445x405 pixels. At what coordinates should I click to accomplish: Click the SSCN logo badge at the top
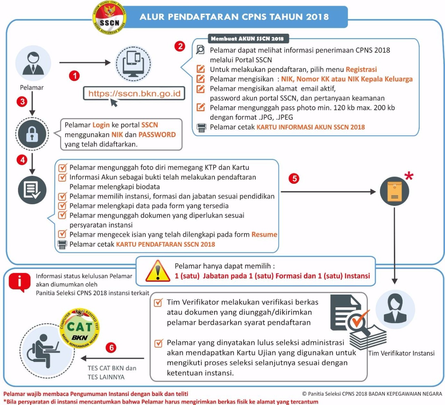(x=109, y=19)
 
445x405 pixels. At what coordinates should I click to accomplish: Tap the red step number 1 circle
(x=74, y=76)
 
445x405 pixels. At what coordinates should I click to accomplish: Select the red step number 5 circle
(x=294, y=179)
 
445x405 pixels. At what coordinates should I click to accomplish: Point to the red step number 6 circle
(x=111, y=348)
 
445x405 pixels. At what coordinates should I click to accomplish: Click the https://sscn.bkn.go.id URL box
(x=134, y=93)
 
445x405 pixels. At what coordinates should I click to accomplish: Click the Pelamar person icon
(x=33, y=63)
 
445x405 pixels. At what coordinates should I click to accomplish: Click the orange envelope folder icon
(x=394, y=191)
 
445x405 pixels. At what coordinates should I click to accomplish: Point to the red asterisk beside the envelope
(x=409, y=176)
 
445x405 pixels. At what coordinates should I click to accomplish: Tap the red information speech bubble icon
(x=19, y=282)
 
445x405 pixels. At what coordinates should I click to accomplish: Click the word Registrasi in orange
(x=361, y=69)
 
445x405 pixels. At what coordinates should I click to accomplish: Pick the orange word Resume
(x=264, y=234)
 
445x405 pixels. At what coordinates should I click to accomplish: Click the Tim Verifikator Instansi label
(x=401, y=353)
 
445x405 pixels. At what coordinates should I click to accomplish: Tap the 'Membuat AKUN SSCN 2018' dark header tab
(x=247, y=39)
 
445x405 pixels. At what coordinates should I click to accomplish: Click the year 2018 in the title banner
(x=317, y=17)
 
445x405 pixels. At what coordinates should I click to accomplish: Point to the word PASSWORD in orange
(x=157, y=135)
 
